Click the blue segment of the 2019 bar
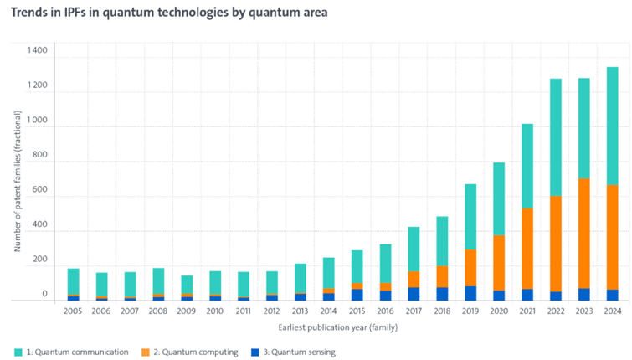pyautogui.click(x=470, y=293)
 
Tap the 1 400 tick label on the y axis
pyautogui.click(x=36, y=52)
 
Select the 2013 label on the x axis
pyautogui.click(x=300, y=311)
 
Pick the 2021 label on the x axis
pyautogui.click(x=527, y=311)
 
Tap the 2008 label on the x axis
pyautogui.click(x=158, y=311)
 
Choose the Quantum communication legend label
pyautogui.click(x=77, y=352)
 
